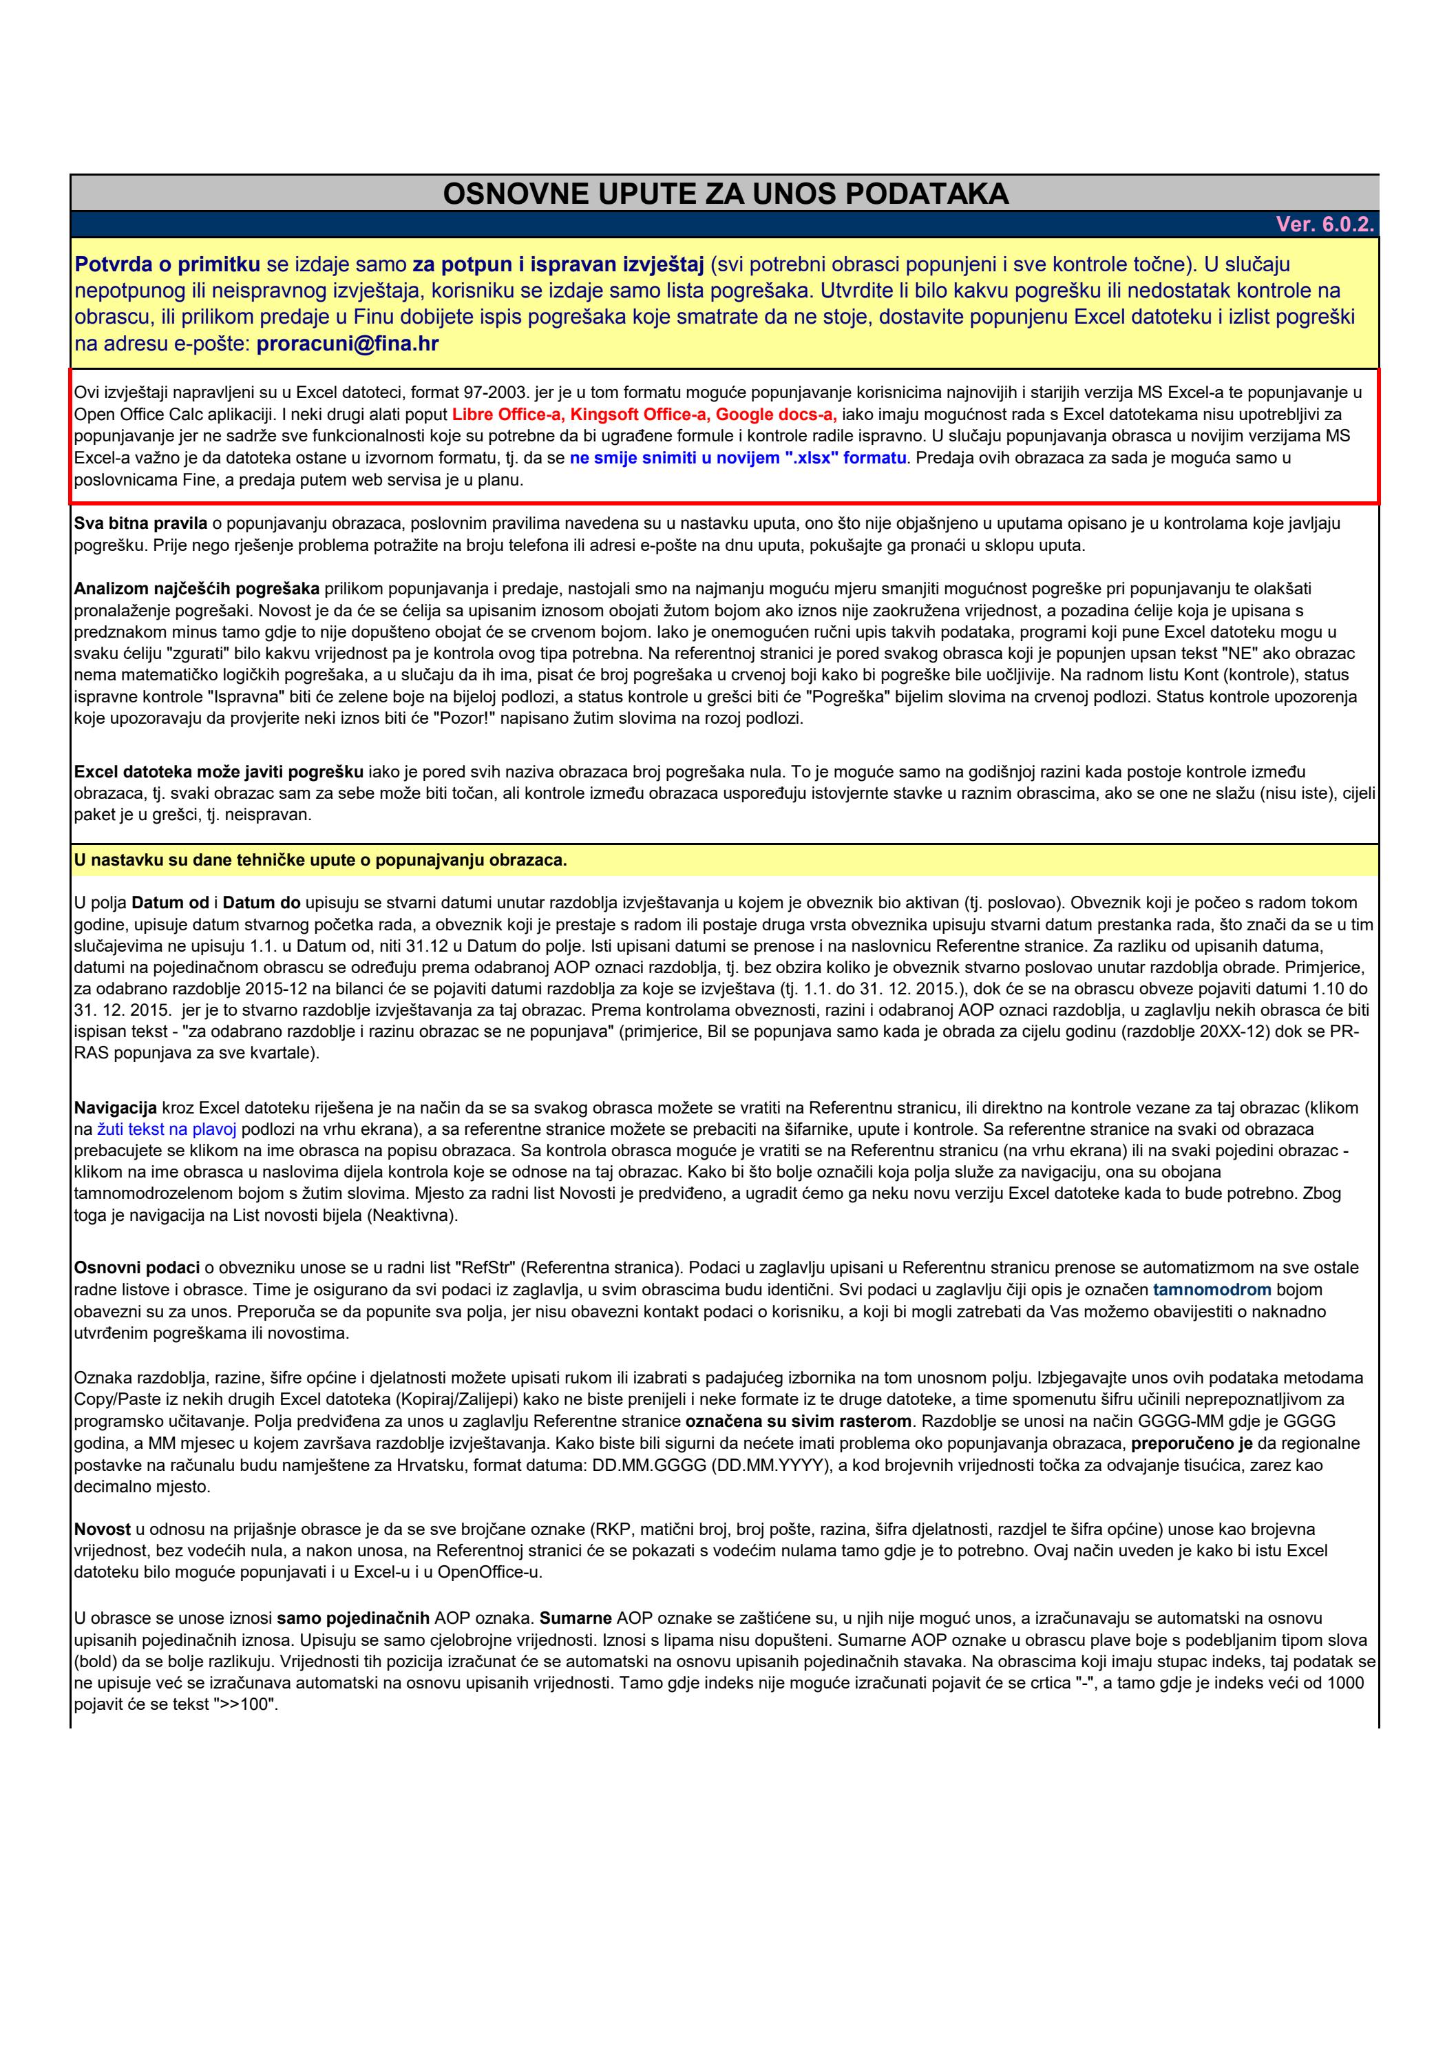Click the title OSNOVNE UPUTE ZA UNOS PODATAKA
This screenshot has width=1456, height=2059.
[726, 194]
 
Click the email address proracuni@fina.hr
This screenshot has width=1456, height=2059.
[348, 344]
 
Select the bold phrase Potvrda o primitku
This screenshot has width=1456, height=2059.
[168, 264]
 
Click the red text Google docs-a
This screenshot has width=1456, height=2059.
[776, 415]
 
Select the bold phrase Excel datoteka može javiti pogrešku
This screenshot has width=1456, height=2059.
[219, 771]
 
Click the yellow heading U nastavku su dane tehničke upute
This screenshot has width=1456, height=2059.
[320, 860]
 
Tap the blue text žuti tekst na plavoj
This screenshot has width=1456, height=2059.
[166, 1129]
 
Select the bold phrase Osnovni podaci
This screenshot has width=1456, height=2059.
[136, 1267]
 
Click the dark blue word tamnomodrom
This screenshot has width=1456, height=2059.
[1212, 1290]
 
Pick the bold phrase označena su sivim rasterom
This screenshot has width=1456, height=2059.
[799, 1421]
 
